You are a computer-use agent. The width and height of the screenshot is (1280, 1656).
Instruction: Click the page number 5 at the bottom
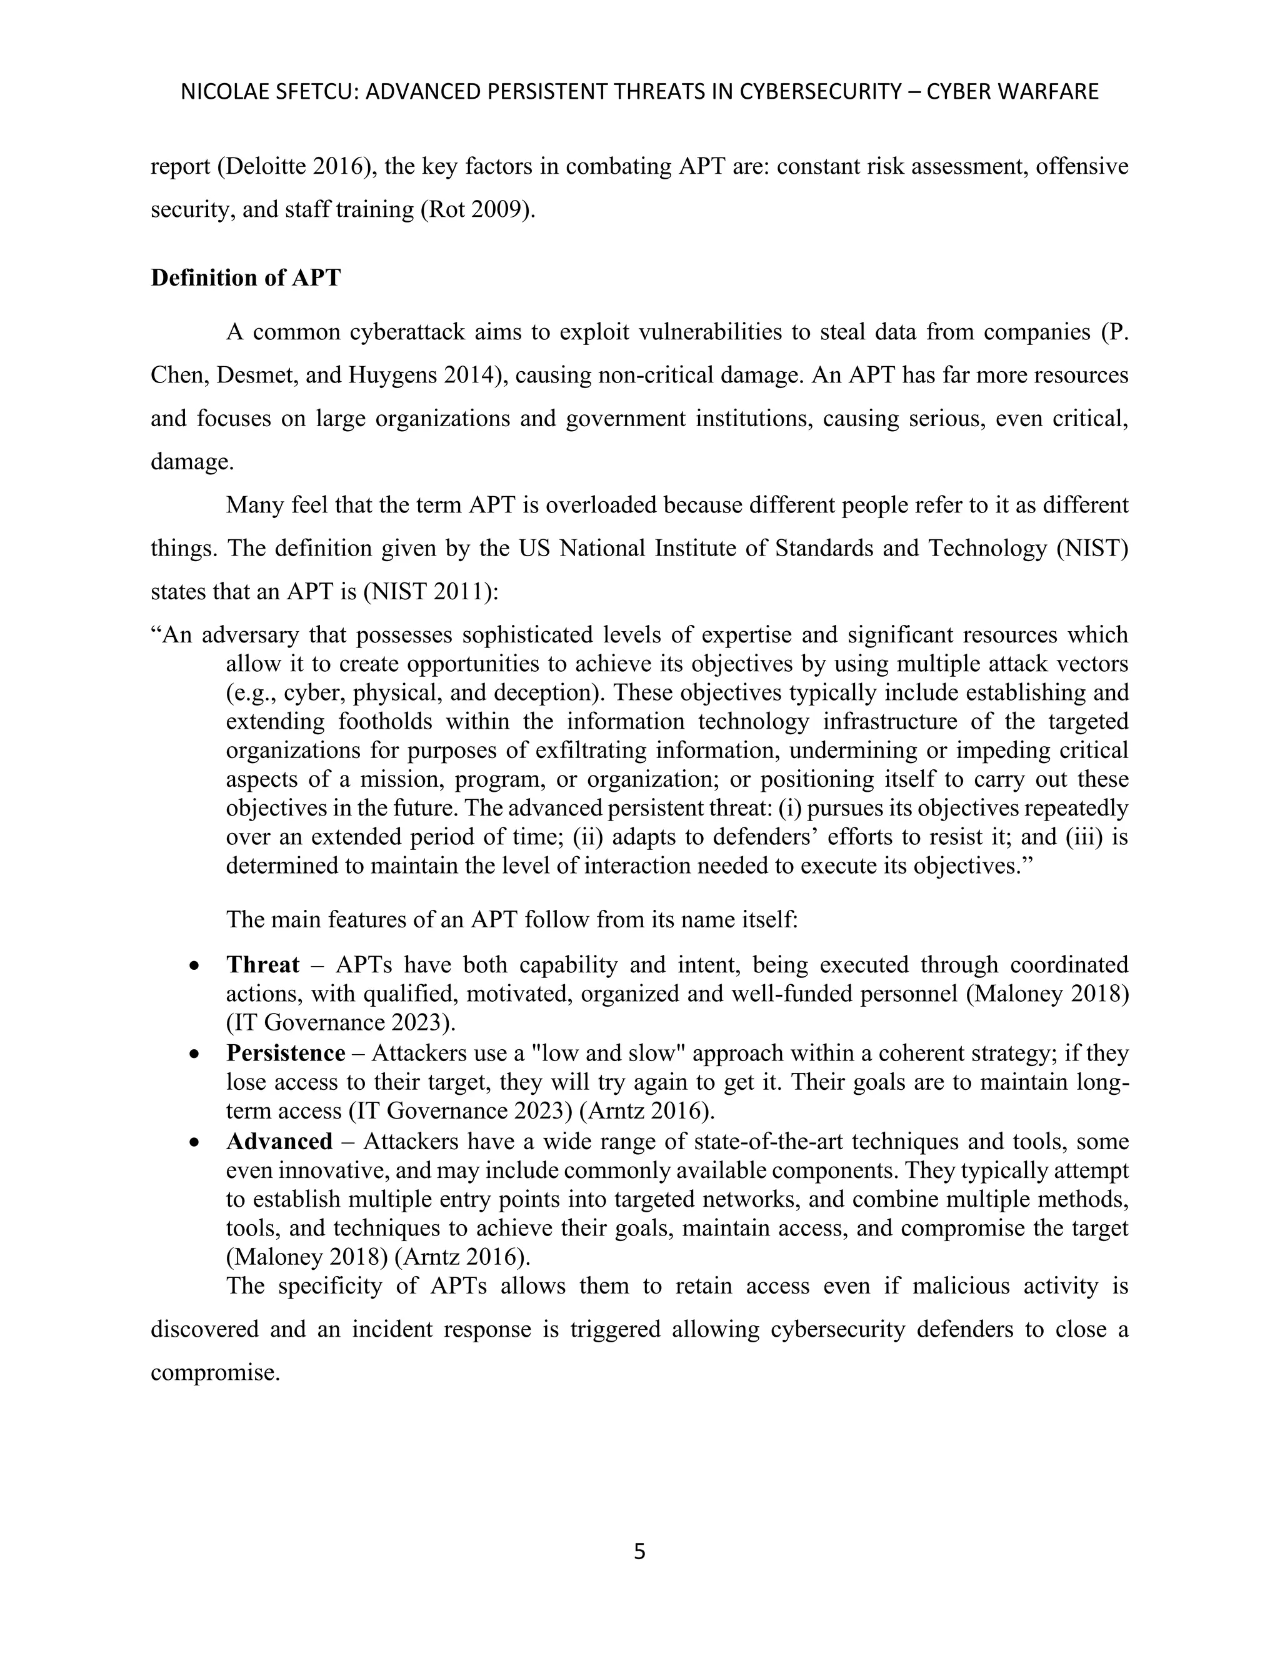(x=639, y=1552)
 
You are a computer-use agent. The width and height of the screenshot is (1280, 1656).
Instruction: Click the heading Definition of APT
(x=246, y=278)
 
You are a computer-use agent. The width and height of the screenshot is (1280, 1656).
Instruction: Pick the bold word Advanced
(x=279, y=1141)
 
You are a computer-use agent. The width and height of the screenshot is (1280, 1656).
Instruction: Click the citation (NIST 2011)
(x=430, y=591)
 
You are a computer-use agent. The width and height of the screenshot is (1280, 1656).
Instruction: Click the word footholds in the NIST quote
(x=385, y=721)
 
